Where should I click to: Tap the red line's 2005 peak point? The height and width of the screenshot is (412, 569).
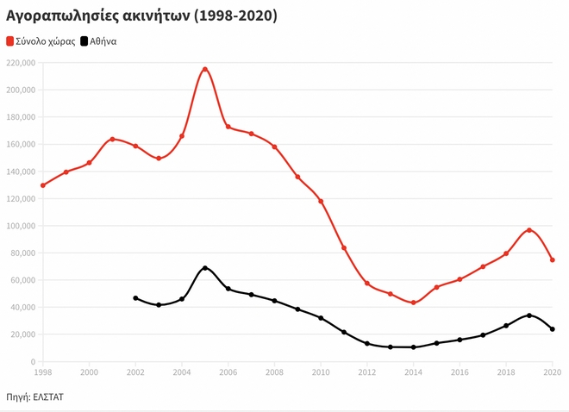click(x=205, y=69)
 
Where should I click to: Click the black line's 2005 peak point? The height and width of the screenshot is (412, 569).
click(x=205, y=268)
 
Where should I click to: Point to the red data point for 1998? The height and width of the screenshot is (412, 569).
click(x=42, y=185)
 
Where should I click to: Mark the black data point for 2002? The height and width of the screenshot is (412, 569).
click(x=135, y=298)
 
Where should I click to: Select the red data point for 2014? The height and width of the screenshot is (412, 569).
click(x=414, y=303)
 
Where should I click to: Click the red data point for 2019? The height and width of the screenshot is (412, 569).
click(x=529, y=230)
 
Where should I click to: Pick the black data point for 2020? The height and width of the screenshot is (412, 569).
click(x=553, y=329)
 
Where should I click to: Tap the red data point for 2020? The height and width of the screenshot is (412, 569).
click(x=553, y=260)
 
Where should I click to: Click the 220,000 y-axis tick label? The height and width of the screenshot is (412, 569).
click(x=20, y=63)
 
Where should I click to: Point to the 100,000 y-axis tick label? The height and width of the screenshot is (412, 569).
click(x=20, y=226)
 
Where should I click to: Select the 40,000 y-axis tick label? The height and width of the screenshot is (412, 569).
click(x=22, y=308)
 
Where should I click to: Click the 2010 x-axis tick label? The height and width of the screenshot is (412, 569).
click(x=321, y=372)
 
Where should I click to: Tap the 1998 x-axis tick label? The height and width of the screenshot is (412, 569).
click(x=42, y=372)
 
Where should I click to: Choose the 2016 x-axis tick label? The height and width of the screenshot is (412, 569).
click(x=460, y=372)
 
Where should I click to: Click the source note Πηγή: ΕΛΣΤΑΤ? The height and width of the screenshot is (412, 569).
click(x=35, y=396)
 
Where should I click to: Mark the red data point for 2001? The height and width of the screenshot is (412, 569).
click(x=112, y=140)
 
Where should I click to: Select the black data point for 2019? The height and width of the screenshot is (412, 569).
click(x=529, y=315)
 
